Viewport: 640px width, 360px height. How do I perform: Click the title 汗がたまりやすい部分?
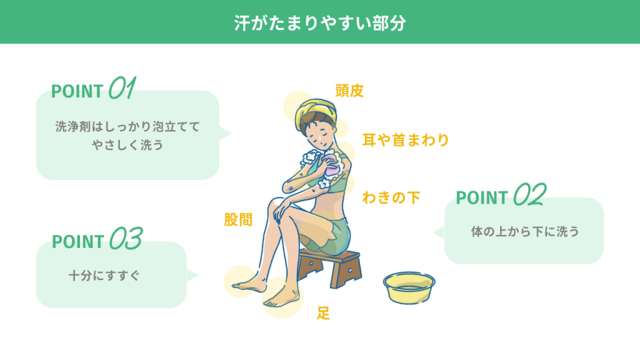click(x=320, y=23)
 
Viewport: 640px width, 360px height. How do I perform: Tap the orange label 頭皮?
click(x=349, y=91)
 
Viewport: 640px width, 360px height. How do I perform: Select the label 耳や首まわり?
click(x=406, y=140)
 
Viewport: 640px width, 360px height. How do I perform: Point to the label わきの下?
click(x=391, y=197)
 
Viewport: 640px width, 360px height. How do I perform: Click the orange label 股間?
click(x=238, y=219)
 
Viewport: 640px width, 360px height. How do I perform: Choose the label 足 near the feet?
click(x=323, y=313)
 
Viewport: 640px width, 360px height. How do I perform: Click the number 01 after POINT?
click(x=122, y=87)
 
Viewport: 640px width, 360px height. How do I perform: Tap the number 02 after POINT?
click(x=530, y=194)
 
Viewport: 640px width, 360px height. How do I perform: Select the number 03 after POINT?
click(x=126, y=238)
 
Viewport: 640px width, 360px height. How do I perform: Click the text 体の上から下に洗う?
click(x=525, y=231)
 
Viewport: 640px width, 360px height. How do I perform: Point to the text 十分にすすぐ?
click(x=104, y=276)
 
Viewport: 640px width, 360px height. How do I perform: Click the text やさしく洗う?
click(x=127, y=145)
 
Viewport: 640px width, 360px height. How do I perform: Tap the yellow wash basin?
click(x=409, y=287)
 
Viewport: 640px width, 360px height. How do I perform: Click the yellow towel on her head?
click(x=315, y=111)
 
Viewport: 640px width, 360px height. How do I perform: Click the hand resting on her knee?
click(x=281, y=212)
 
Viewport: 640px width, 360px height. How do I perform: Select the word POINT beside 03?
click(x=77, y=242)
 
